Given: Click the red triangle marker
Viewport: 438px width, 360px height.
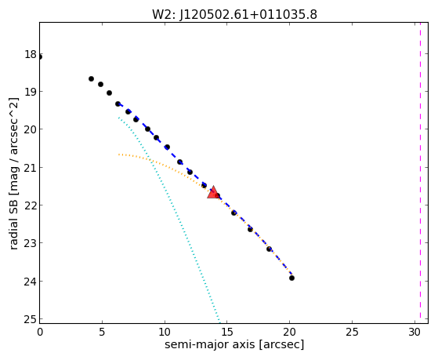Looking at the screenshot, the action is click(213, 192).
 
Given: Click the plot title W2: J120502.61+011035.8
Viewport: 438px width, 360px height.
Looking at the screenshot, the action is click(234, 15).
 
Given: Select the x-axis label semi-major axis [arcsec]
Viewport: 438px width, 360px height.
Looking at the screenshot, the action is click(234, 344).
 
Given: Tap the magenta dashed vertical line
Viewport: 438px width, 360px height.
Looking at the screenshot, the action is click(420, 173).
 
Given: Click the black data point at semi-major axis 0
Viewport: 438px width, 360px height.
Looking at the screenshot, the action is click(40, 57).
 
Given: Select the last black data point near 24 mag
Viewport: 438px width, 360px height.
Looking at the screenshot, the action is click(291, 278).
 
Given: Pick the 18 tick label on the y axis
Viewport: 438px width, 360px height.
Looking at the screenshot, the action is click(31, 54).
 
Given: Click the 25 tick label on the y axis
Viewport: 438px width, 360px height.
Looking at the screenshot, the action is click(31, 319).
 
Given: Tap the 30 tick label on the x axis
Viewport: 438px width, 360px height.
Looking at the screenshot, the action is click(414, 332).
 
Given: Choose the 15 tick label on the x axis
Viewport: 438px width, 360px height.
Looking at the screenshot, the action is click(227, 332).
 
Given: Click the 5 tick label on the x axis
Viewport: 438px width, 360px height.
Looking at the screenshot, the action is click(102, 332).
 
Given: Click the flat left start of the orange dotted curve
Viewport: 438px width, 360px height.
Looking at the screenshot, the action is click(120, 155).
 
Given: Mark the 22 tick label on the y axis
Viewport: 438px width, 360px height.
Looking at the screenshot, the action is click(31, 205).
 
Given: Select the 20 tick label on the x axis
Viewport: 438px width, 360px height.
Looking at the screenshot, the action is click(290, 332).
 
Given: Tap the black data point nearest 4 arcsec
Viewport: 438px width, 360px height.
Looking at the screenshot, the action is click(91, 79).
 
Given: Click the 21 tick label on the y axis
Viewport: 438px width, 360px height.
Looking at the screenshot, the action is click(31, 168).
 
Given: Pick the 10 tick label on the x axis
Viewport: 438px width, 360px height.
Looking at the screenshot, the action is click(165, 332).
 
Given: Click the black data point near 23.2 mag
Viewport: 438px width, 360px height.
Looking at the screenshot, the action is click(269, 249).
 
